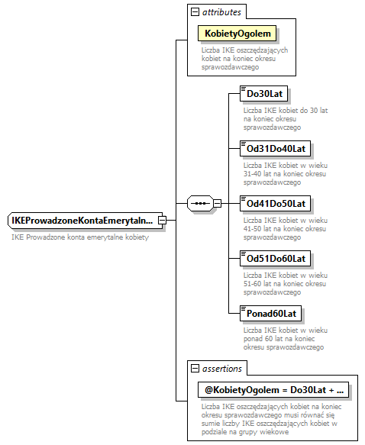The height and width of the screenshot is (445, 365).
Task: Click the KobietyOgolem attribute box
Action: [x=237, y=34]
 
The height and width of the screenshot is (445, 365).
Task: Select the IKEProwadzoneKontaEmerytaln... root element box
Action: [x=82, y=221]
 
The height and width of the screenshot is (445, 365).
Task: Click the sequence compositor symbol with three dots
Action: [x=199, y=203]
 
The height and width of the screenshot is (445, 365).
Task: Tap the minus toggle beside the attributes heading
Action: [x=195, y=12]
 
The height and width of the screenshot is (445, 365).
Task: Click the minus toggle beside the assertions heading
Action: [x=195, y=369]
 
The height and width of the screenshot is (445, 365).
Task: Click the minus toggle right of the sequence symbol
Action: [x=218, y=203]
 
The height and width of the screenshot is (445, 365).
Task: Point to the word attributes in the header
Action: [x=221, y=12]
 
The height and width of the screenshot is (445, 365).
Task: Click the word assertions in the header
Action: [x=222, y=369]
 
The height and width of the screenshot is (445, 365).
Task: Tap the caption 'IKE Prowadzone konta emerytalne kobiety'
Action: [x=79, y=237]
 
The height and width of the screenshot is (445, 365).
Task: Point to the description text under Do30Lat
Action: [x=276, y=118]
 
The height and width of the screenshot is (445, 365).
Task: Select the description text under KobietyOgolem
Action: [x=238, y=59]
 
